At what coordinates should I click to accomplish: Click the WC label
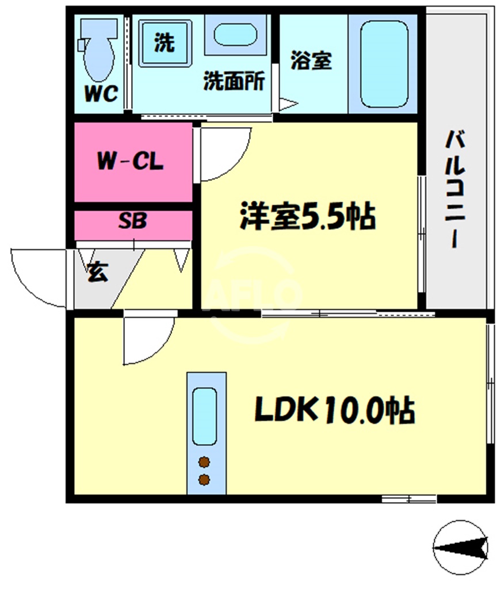(x=102, y=93)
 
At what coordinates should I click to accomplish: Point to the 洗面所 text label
(x=234, y=82)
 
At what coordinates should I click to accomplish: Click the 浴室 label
(x=311, y=61)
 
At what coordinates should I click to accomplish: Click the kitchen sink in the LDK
(x=205, y=415)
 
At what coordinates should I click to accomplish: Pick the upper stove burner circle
(x=204, y=461)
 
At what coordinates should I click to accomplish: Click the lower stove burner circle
(x=204, y=479)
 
